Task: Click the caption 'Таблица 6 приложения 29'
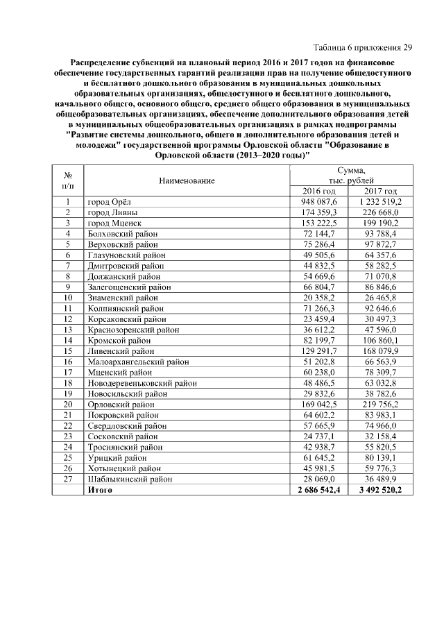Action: [x=363, y=48]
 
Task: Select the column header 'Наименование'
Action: [x=187, y=180]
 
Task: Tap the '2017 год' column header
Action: [x=380, y=191]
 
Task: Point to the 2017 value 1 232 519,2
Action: [x=380, y=201]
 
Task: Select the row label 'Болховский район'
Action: [x=122, y=234]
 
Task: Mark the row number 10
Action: [x=69, y=297]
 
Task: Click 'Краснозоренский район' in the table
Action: [x=131, y=330]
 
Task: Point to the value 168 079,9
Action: [x=380, y=351]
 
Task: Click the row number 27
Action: [x=69, y=479]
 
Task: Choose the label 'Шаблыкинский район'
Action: [x=128, y=479]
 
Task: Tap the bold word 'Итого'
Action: [x=99, y=490]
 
